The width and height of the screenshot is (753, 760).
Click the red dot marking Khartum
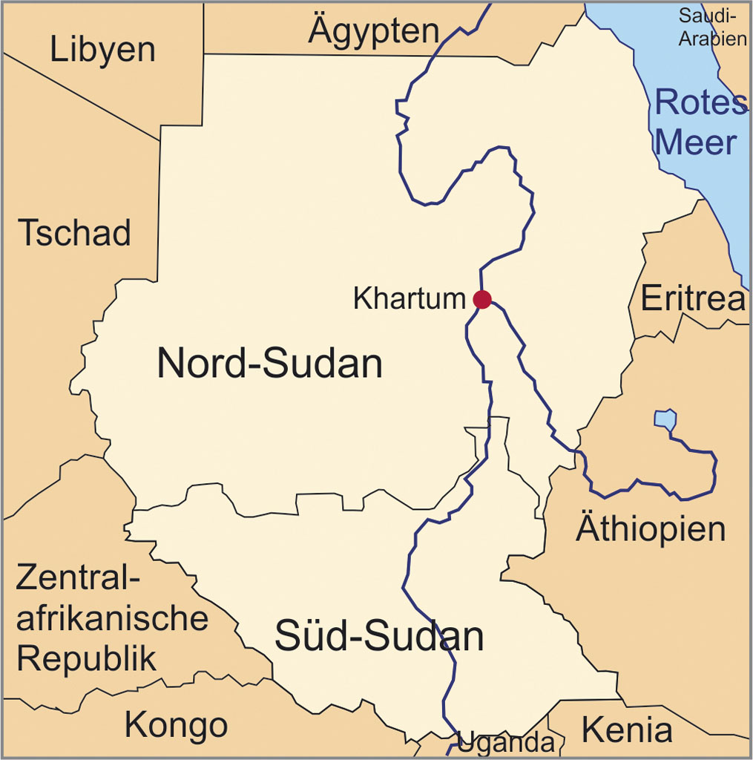pos(482,299)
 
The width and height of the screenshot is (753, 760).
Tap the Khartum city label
pos(409,299)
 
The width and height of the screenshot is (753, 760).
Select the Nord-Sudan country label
pos(269,364)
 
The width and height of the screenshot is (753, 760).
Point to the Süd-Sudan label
pos(378,636)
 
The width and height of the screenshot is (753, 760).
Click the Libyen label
pos(102,50)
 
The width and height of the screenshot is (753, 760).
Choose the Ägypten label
pos(374,31)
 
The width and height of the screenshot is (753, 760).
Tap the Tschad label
pos(74,233)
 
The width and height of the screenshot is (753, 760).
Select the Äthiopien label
pos(651,530)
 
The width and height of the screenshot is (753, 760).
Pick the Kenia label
pos(627,730)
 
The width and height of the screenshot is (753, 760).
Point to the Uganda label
pos(506,743)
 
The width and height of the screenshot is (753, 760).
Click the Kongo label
pos(176,724)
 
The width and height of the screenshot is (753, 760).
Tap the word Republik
pos(87,658)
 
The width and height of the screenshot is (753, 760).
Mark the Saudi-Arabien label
pos(713,27)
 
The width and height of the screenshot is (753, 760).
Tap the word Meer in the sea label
pos(699,142)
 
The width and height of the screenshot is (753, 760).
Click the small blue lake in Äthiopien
pos(665,419)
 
